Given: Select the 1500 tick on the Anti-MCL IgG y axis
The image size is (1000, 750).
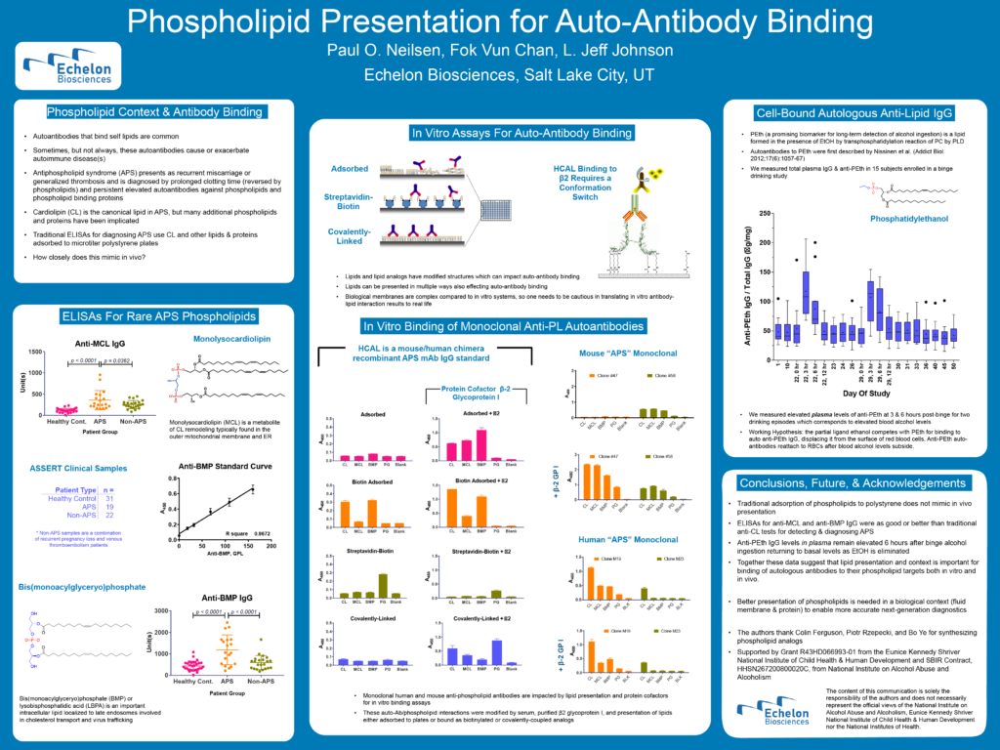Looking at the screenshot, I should pos(36,353).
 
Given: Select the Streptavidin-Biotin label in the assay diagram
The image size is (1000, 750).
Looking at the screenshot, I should pos(342,201).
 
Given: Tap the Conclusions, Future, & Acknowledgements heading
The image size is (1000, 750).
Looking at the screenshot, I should pos(854,482).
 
